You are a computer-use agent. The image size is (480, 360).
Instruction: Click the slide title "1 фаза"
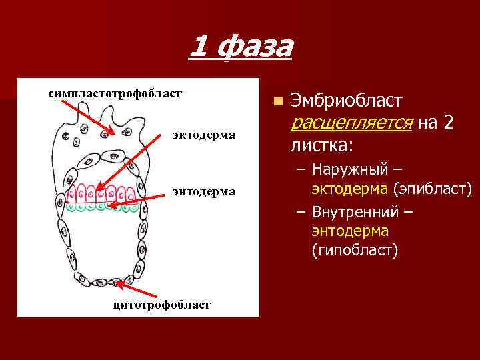click(241, 47)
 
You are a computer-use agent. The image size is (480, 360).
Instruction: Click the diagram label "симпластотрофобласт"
click(114, 92)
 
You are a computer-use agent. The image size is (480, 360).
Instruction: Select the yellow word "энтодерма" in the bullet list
click(350, 231)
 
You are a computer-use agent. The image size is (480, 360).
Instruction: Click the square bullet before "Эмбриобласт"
click(277, 101)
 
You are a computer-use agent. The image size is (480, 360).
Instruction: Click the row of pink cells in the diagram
click(107, 194)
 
